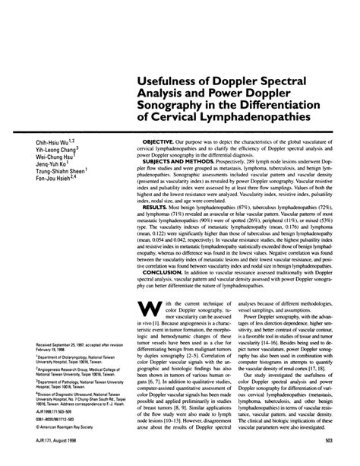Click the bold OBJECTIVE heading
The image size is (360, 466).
click(x=168, y=141)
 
